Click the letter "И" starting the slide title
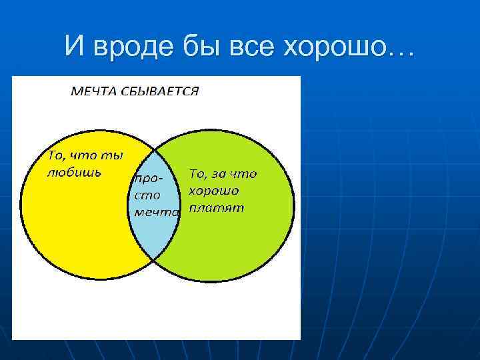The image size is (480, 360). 75,46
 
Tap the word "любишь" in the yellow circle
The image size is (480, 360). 73,173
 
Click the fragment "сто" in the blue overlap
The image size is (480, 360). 147,197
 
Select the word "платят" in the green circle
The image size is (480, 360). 217,207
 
